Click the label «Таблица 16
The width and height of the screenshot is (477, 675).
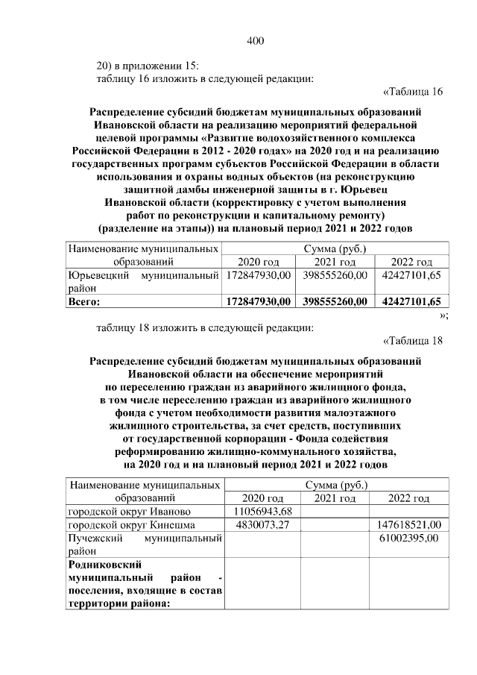(x=412, y=92)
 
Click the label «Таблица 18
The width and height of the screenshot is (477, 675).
(x=412, y=342)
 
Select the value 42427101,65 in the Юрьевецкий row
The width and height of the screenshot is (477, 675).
(x=411, y=276)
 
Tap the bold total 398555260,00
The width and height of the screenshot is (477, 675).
(x=334, y=302)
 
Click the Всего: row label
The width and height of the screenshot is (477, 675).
(x=83, y=302)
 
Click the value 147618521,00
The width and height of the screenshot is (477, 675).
(x=410, y=525)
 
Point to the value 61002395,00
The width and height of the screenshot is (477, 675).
(x=408, y=538)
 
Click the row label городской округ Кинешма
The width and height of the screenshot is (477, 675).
(x=132, y=525)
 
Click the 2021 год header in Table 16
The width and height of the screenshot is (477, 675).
(x=334, y=262)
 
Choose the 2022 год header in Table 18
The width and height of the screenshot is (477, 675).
(x=409, y=498)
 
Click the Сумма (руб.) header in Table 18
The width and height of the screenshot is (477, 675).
(x=335, y=485)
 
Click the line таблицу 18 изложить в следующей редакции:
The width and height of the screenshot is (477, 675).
(x=205, y=327)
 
